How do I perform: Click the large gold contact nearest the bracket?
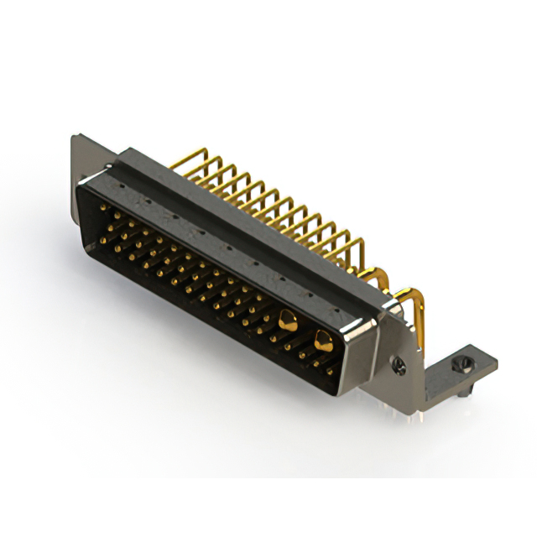(x=322, y=339)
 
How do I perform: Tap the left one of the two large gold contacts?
(x=288, y=319)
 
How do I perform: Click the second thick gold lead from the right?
(x=379, y=277)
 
